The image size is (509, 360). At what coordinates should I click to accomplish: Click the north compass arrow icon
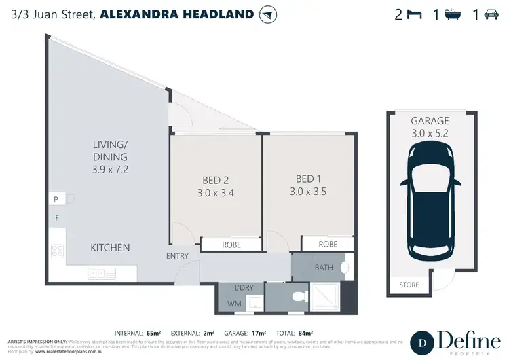(x=269, y=14)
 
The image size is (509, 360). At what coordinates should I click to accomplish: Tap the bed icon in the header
(x=414, y=14)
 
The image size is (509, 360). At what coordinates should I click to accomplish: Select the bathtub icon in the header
(x=453, y=14)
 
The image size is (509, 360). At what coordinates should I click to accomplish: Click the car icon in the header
(x=491, y=14)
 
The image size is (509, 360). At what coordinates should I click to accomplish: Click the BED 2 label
(x=215, y=181)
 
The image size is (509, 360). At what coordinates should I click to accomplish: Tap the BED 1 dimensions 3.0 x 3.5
(x=309, y=191)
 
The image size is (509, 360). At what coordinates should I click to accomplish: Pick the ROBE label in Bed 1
(x=328, y=245)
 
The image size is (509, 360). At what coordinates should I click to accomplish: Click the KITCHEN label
(x=110, y=248)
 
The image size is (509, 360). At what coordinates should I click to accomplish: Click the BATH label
(x=324, y=268)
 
